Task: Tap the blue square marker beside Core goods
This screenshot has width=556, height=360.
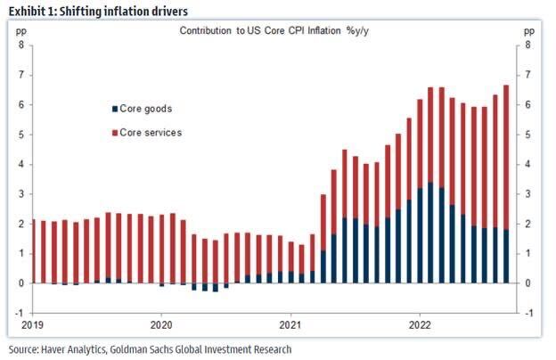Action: tap(114, 109)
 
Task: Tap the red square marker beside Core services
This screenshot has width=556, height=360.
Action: tap(114, 133)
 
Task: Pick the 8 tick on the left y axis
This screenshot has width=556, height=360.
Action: tap(20, 45)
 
